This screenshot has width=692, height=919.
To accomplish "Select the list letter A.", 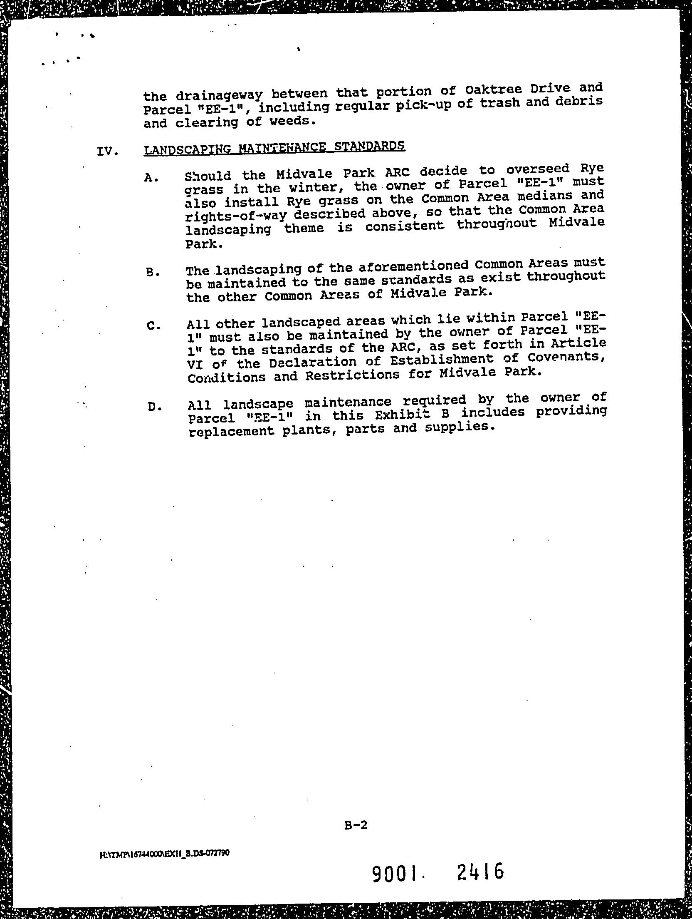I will coord(151,178).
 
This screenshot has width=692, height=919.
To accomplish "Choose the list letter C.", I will coord(153,326).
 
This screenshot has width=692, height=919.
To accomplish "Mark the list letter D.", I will coord(154,407).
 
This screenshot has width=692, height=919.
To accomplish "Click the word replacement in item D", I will coord(231,431).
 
